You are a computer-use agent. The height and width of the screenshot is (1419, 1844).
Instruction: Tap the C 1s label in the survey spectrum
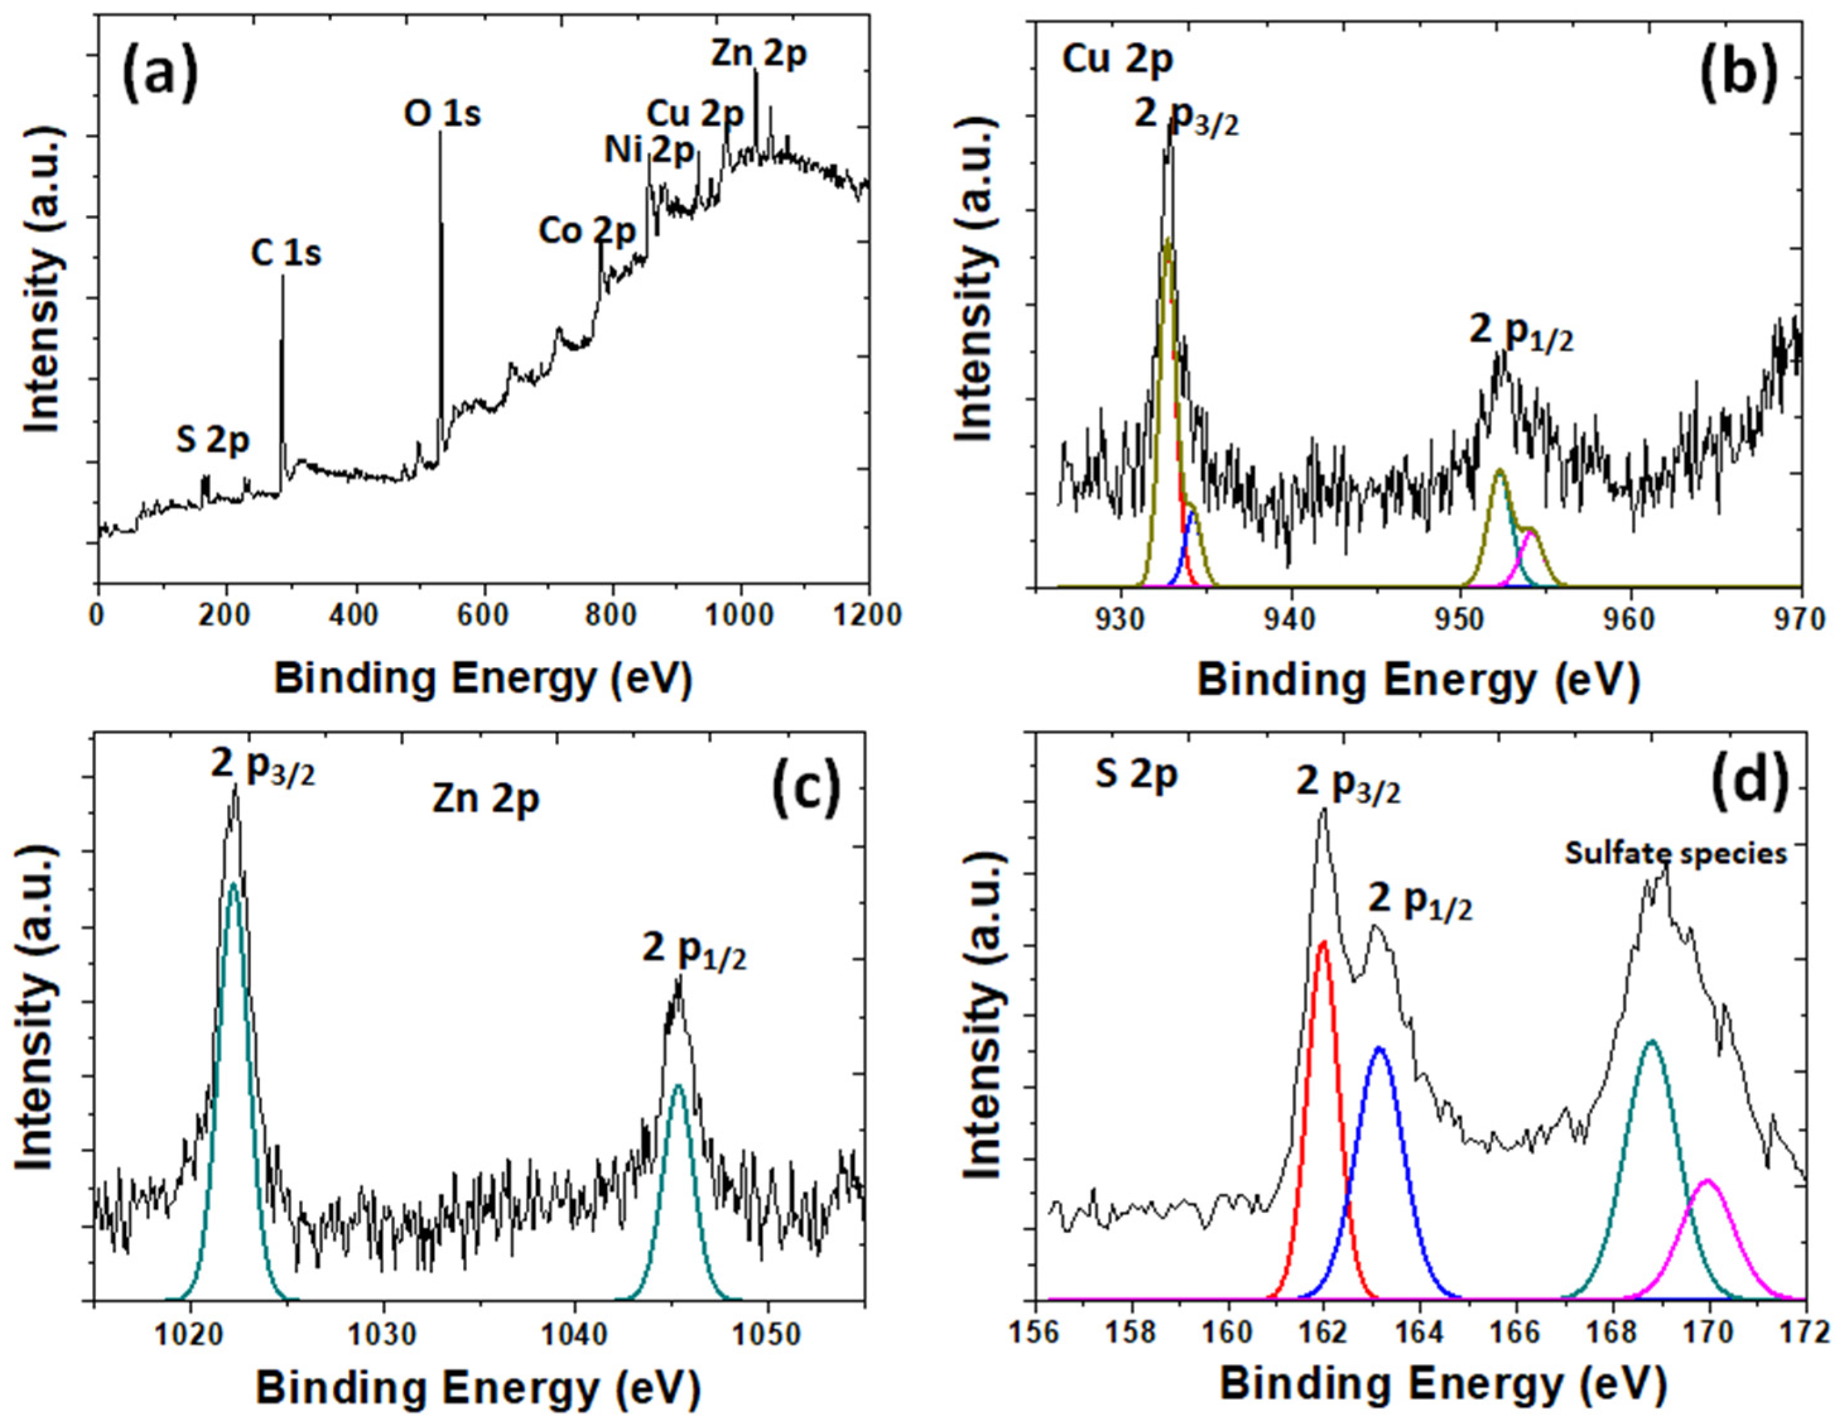click(x=286, y=254)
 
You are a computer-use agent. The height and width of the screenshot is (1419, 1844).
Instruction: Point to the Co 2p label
click(x=586, y=230)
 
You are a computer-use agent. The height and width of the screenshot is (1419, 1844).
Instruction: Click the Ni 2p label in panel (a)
click(x=649, y=152)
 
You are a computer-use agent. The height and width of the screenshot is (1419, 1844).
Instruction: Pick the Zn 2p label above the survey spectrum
click(x=758, y=54)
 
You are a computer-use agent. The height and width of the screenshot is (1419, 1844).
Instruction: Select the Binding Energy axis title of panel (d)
click(x=1442, y=1384)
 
